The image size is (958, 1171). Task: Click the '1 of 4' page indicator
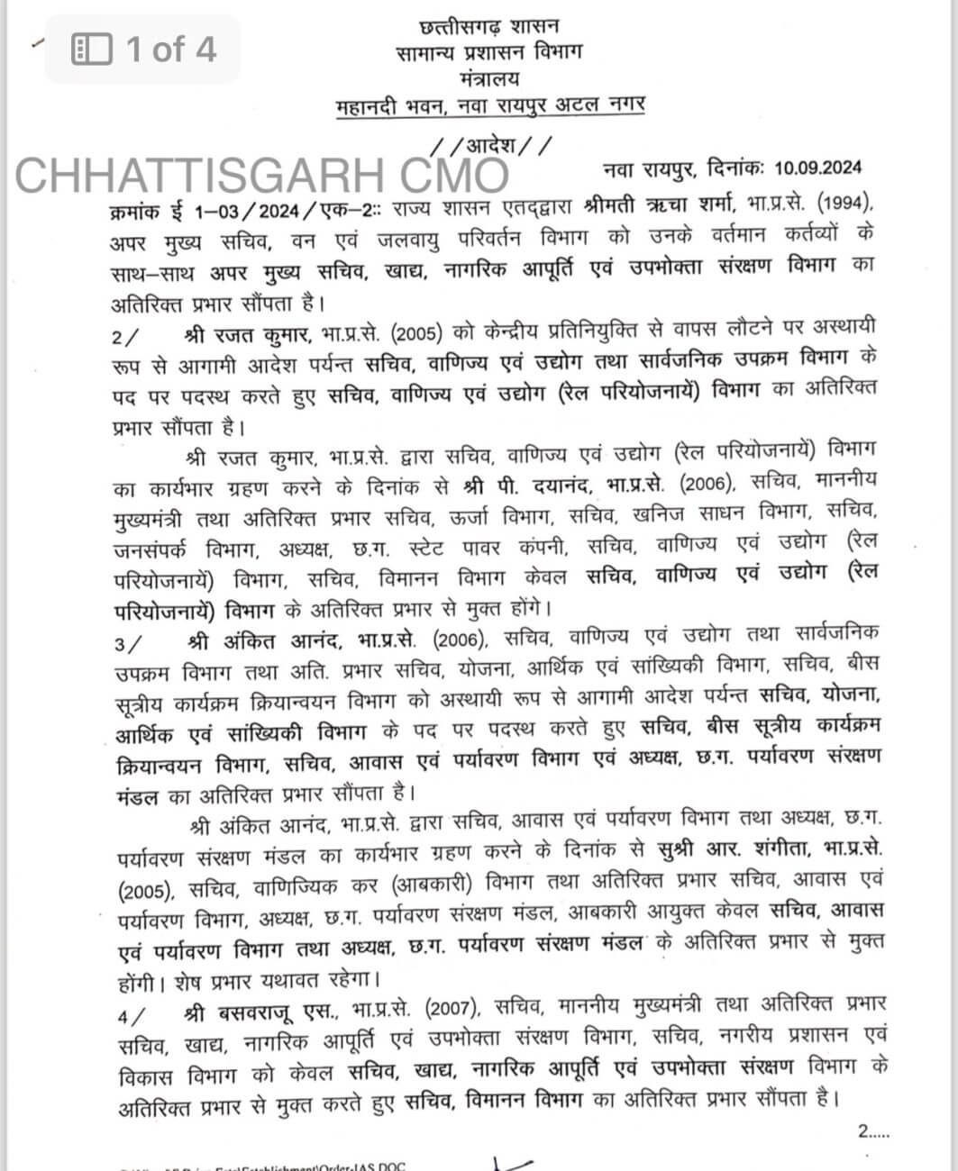[x=171, y=49]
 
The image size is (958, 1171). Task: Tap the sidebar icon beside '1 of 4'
[x=91, y=49]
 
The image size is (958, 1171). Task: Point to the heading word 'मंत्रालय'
[x=489, y=78]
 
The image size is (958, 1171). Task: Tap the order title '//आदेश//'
[x=489, y=145]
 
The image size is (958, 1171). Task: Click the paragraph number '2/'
[x=126, y=337]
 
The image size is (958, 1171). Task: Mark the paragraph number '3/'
[x=128, y=643]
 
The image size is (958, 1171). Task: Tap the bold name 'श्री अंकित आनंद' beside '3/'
[x=267, y=642]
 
